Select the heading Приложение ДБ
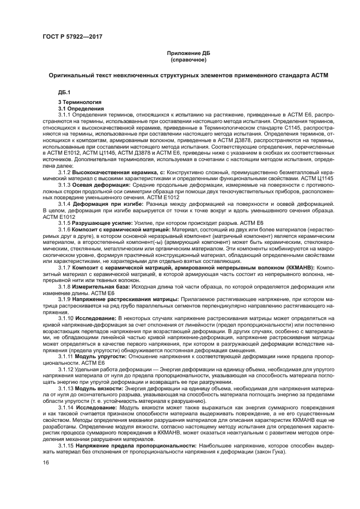click(188, 53)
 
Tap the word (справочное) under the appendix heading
click(188, 59)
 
